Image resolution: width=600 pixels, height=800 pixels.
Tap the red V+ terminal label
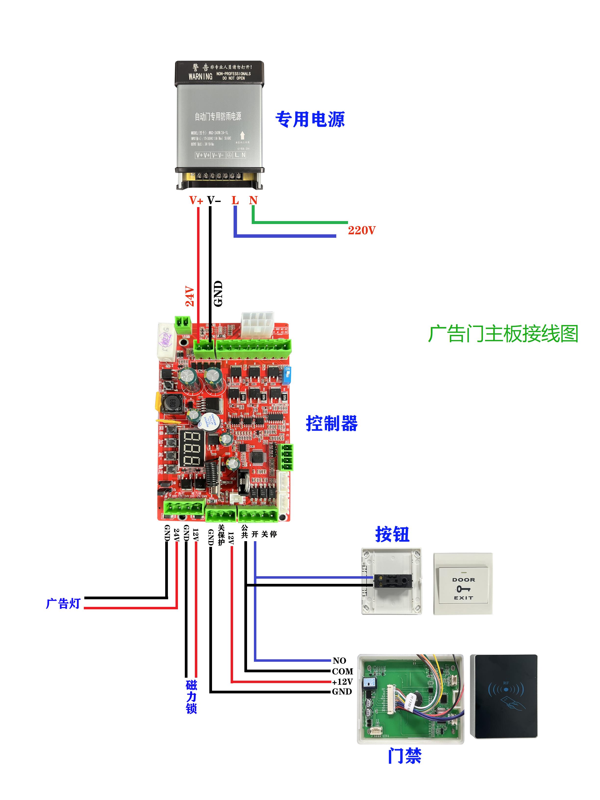[x=196, y=200]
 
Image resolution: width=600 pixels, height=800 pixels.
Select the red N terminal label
[x=253, y=200]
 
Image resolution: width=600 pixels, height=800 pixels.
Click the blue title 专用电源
[x=310, y=119]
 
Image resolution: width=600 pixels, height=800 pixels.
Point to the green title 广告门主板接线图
[x=503, y=333]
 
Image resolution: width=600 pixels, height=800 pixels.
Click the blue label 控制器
[x=332, y=423]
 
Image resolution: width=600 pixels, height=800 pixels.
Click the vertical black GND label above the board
[x=218, y=294]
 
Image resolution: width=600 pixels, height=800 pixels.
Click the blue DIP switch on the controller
[x=287, y=376]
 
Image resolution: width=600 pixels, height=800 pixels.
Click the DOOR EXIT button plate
[x=463, y=588]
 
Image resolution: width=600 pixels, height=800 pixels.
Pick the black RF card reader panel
[x=504, y=696]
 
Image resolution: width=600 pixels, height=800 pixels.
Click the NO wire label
[x=339, y=661]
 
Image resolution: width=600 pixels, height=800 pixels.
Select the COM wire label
[x=342, y=671]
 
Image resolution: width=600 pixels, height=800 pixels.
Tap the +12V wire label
[x=342, y=682]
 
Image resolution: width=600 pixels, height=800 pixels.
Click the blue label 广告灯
[x=63, y=603]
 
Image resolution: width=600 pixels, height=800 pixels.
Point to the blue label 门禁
[x=404, y=756]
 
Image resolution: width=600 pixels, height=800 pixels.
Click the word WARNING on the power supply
[x=200, y=76]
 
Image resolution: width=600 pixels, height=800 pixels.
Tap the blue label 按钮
[x=392, y=534]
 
